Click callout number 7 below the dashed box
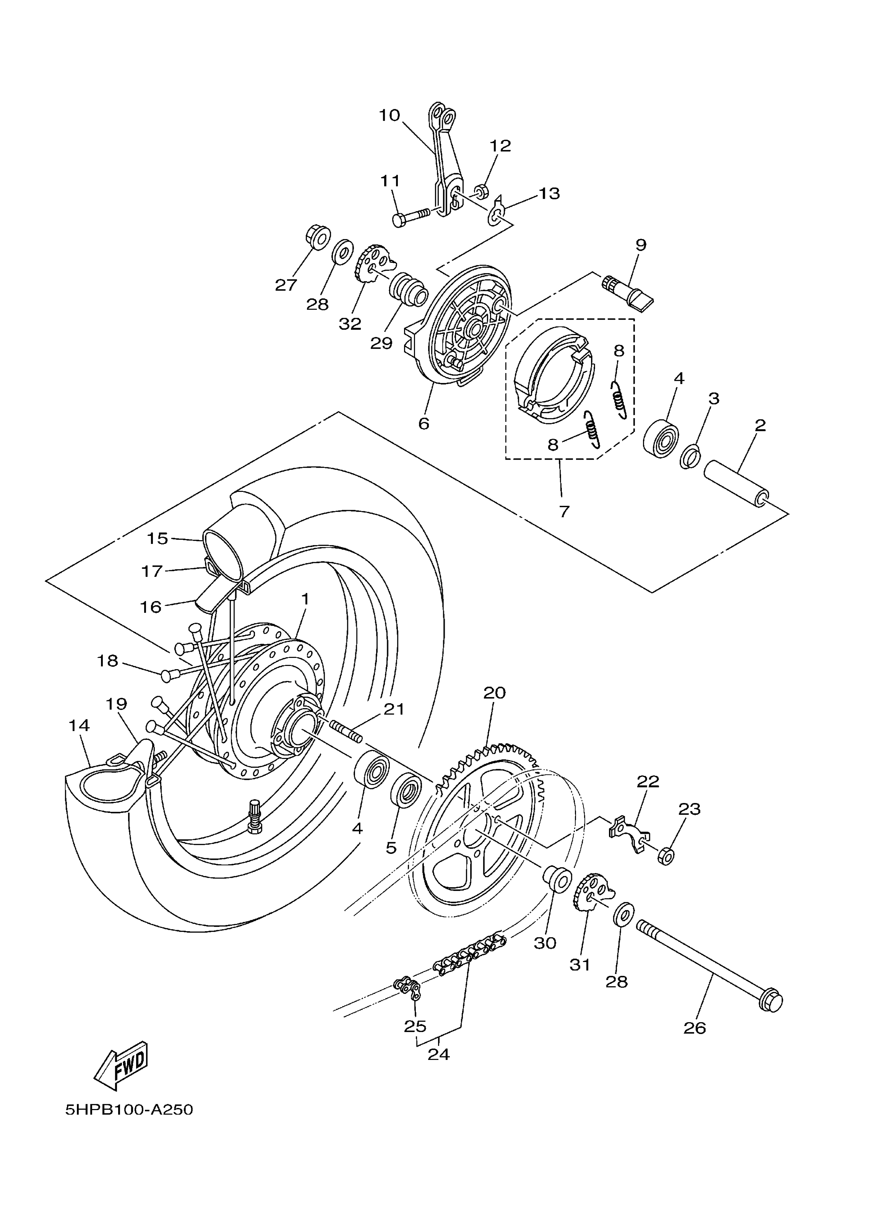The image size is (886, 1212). (x=564, y=511)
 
